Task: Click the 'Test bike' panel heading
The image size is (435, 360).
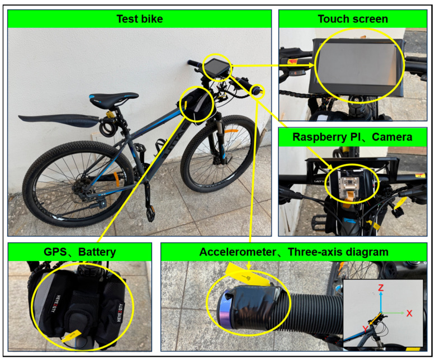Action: point(140,19)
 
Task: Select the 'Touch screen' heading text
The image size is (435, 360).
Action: point(353,19)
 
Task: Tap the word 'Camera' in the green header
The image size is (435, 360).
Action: point(392,137)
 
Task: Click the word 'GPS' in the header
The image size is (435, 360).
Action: point(55,252)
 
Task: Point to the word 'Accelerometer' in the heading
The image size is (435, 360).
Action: point(238,252)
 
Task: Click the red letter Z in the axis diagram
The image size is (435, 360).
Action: point(381,288)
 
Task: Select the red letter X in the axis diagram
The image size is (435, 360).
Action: point(409,314)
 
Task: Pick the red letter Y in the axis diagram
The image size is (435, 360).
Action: point(365,329)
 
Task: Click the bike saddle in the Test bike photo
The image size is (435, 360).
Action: point(114,98)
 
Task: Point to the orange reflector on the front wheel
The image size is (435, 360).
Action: point(231,131)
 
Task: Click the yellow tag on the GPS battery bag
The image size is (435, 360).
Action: point(72,336)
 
